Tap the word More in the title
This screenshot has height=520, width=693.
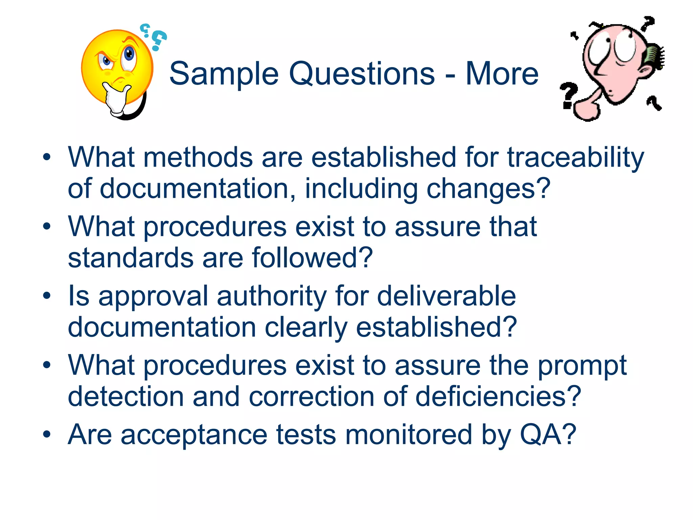click(x=502, y=74)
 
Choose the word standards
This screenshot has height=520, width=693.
click(x=131, y=258)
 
